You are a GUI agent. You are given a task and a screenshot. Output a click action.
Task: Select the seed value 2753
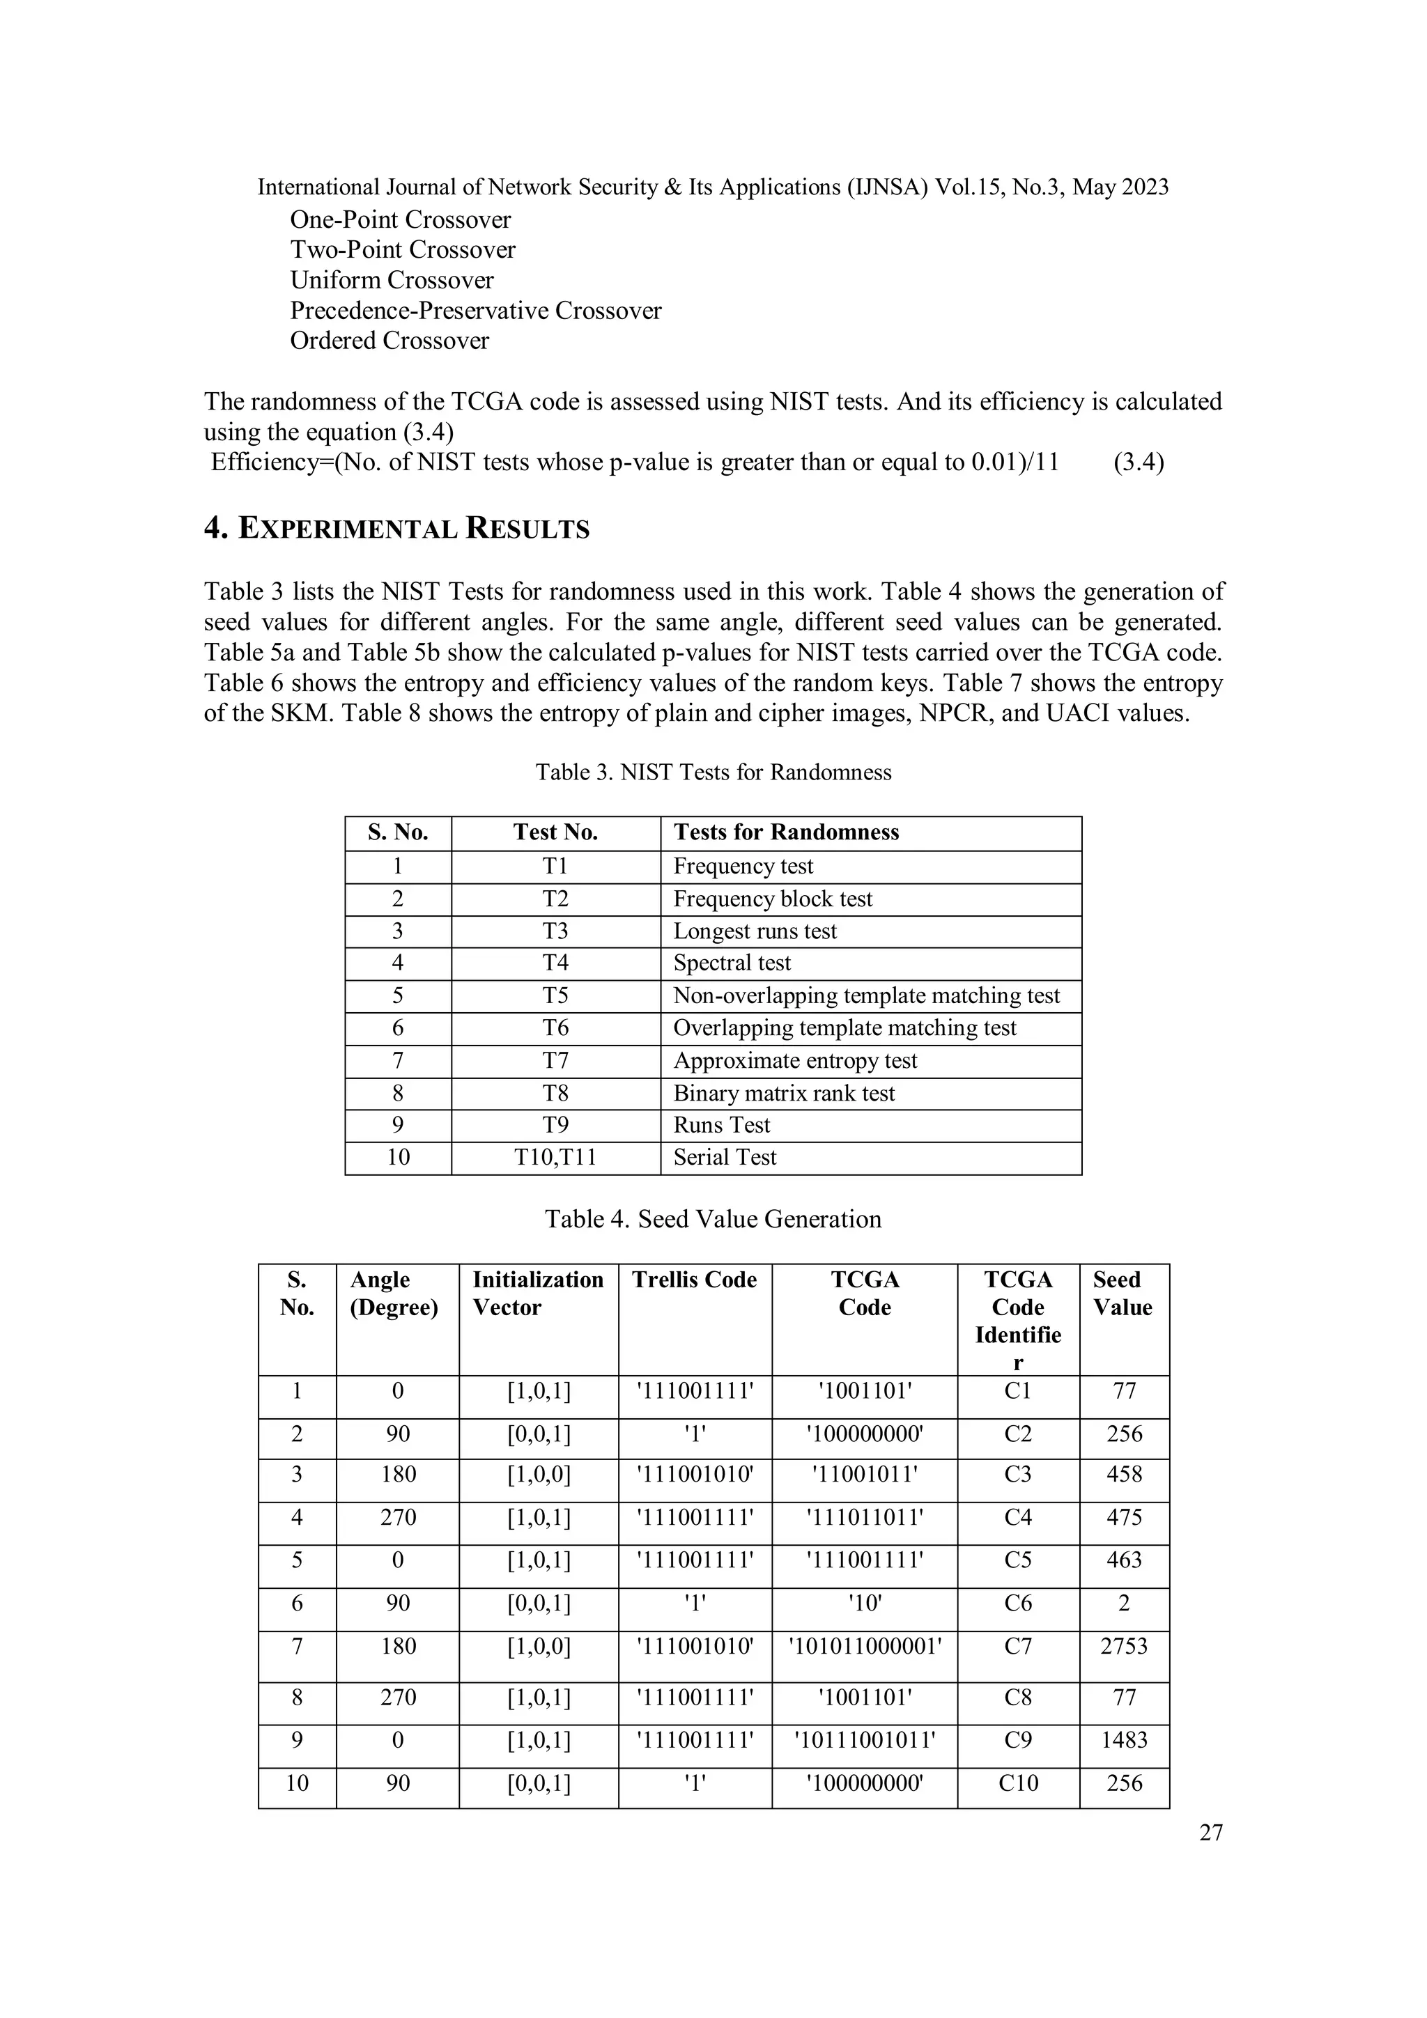tap(1124, 1646)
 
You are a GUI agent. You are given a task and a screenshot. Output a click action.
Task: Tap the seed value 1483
tap(1124, 1740)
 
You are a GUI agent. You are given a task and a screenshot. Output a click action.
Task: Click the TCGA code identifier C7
tap(1017, 1646)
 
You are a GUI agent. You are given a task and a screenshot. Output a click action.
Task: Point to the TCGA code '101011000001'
tap(864, 1646)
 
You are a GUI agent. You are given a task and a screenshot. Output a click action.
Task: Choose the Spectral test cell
tap(732, 963)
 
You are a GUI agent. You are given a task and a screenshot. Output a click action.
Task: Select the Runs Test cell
tap(721, 1125)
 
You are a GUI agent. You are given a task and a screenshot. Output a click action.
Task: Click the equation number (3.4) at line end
tap(1138, 463)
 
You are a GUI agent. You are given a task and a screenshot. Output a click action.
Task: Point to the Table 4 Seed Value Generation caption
tap(712, 1219)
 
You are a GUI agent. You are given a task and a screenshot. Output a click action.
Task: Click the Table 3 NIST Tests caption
tap(713, 773)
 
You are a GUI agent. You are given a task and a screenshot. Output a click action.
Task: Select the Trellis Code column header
tap(694, 1280)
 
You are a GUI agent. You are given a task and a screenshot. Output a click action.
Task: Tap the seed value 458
tap(1124, 1474)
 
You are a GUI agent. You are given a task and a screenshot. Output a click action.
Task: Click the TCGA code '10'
tap(864, 1603)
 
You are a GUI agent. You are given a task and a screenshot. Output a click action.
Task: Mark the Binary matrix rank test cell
tap(783, 1094)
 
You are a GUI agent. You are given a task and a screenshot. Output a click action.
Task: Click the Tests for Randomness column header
tap(786, 832)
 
